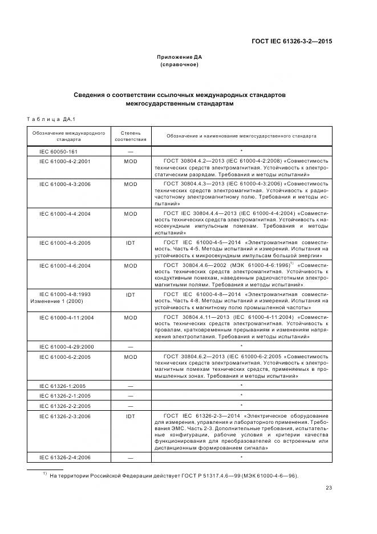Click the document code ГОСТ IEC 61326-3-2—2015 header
tap(292, 42)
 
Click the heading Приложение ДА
tap(180, 57)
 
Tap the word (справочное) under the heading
tap(180, 64)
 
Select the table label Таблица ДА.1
tap(51, 119)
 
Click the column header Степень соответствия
tap(131, 136)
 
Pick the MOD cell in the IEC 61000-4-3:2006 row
tap(131, 184)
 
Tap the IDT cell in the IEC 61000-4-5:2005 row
tap(131, 242)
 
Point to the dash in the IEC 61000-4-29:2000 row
tap(131, 346)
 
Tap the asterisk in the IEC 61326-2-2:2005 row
tap(242, 405)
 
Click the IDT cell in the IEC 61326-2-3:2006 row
tap(131, 416)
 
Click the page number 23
tap(329, 487)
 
